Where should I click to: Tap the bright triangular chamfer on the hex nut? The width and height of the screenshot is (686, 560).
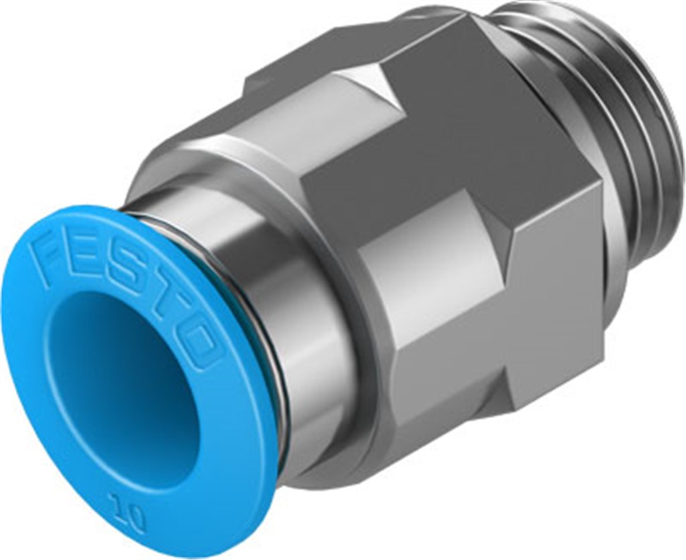coord(375,87)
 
